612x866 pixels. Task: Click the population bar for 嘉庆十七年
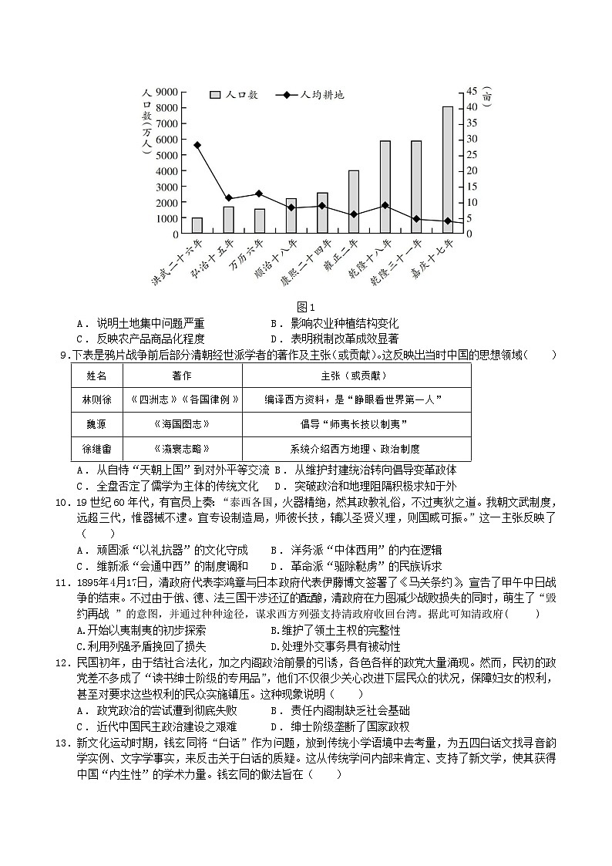coord(447,170)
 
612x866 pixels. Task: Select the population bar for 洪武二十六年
coord(197,225)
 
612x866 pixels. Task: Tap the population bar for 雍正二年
coord(354,202)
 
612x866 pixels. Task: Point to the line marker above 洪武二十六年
coord(197,145)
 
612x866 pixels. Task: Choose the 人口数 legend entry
coord(234,95)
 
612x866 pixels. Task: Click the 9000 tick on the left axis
coord(167,91)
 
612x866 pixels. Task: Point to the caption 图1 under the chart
coord(306,308)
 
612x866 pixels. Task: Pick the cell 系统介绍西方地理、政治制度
coord(355,449)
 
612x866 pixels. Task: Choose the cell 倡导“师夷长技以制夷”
coord(355,424)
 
